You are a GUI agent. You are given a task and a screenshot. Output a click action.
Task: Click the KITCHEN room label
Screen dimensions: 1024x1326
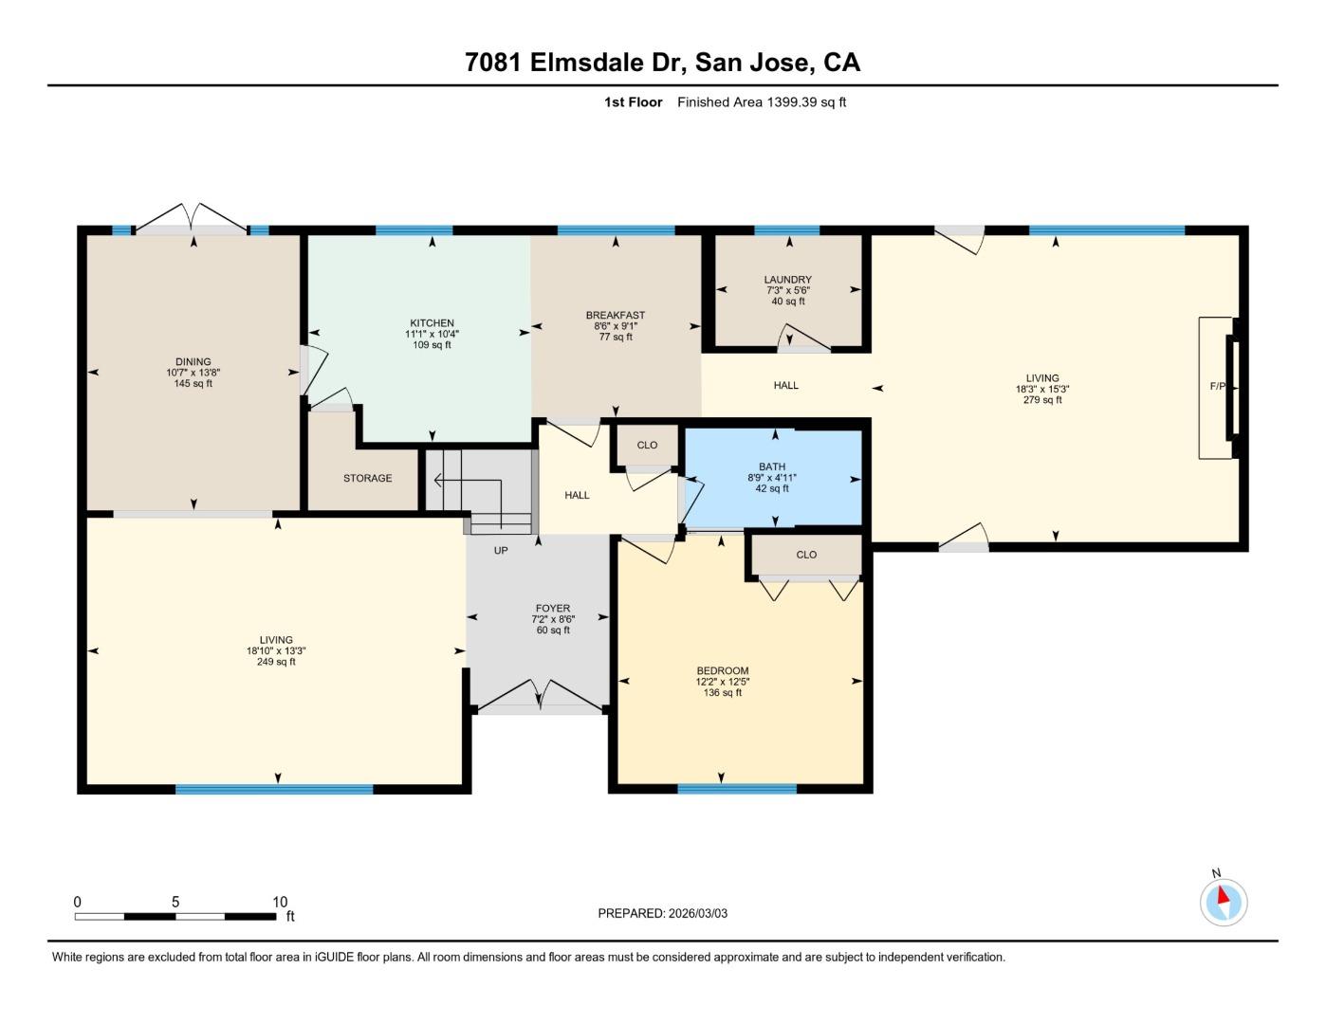(432, 323)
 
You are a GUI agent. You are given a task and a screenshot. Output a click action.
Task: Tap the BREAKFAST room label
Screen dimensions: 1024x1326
(616, 316)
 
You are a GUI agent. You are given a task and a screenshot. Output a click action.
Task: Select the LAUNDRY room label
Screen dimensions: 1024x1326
(787, 280)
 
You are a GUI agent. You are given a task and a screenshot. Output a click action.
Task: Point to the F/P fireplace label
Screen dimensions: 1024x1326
(1217, 387)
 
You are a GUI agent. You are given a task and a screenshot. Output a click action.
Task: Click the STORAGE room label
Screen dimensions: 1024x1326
(367, 479)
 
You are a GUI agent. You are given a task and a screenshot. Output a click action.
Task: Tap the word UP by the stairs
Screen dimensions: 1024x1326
(501, 551)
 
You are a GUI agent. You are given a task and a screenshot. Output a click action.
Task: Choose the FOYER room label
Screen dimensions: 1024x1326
(552, 609)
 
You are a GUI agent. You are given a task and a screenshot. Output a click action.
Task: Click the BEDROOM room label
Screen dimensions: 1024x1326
(722, 671)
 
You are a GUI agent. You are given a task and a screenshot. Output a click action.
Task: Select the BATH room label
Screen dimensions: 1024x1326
(772, 466)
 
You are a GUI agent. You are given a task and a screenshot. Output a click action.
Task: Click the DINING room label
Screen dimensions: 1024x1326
(193, 362)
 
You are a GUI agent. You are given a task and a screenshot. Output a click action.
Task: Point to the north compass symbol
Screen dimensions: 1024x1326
(1224, 901)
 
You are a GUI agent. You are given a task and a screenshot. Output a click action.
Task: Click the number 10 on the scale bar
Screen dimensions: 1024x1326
(280, 903)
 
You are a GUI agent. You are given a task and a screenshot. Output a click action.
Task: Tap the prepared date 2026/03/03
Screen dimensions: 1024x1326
(697, 914)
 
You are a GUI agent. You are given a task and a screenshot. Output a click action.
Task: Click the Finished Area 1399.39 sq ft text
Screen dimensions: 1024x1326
(762, 102)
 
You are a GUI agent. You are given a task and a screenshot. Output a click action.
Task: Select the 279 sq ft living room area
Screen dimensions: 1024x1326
(1042, 400)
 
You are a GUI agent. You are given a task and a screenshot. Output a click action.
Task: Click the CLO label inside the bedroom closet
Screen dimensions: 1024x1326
(806, 555)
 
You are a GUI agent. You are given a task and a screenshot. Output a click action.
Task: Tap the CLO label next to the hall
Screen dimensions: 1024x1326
(647, 445)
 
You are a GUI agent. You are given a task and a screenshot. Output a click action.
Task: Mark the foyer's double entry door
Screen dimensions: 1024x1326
(540, 696)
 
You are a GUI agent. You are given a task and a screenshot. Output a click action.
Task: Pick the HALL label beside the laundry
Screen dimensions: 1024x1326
(785, 385)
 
